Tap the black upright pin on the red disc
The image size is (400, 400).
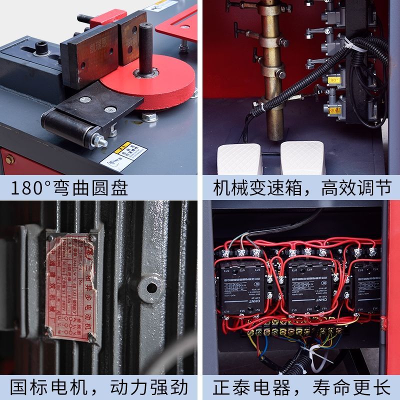tap(146, 47)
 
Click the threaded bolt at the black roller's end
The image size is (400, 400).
tap(103, 141)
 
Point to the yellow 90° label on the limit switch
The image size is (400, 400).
tap(334, 79)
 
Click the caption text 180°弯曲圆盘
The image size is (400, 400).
tap(70, 187)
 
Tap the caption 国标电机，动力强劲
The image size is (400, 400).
tap(100, 387)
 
